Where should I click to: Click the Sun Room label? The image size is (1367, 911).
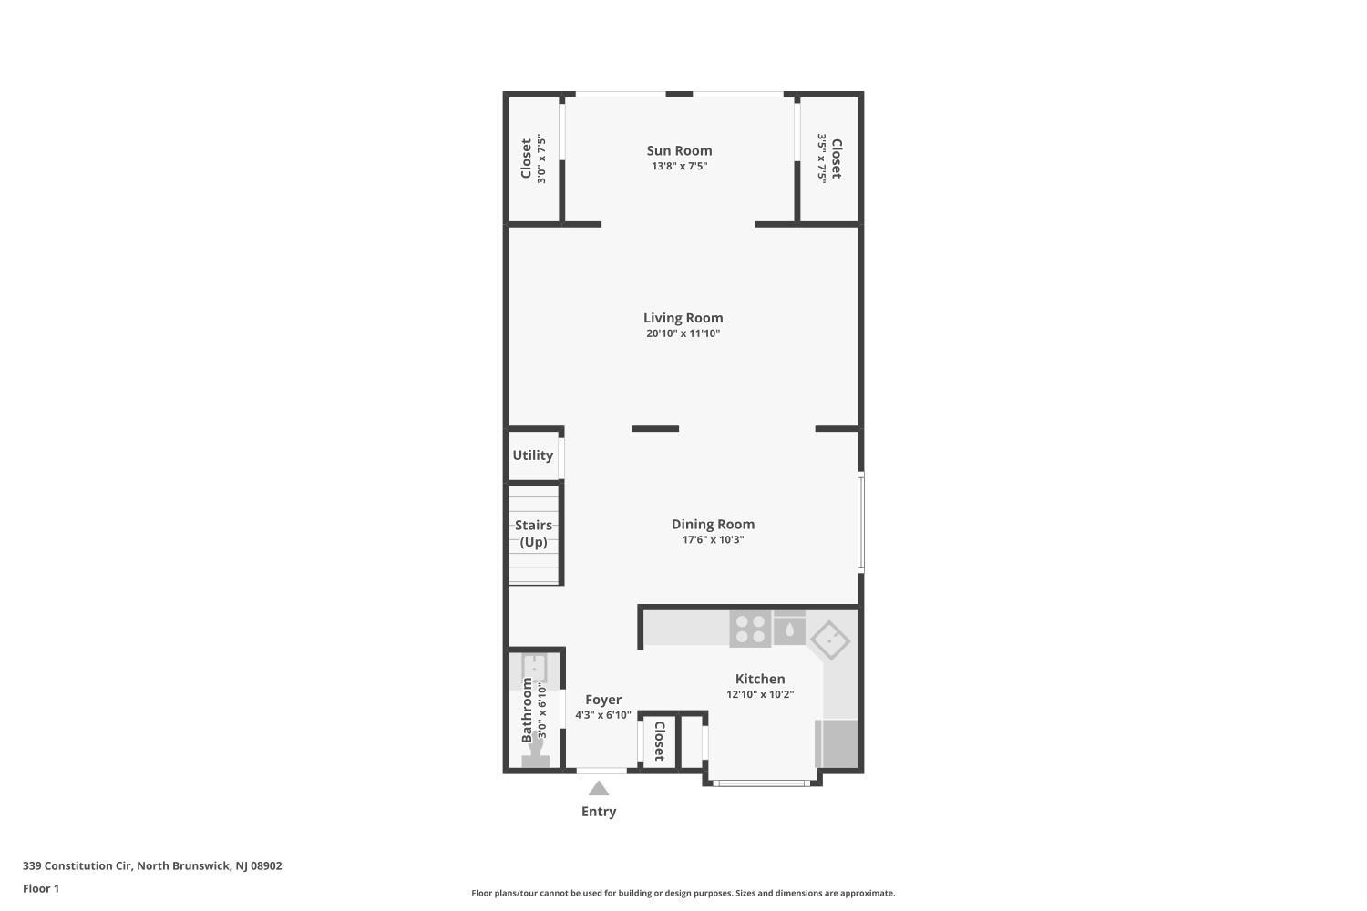[679, 150]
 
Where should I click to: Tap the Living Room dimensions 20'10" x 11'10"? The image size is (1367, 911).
[683, 333]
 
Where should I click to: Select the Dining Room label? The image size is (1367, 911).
[713, 524]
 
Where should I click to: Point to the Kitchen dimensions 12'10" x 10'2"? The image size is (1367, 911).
[760, 694]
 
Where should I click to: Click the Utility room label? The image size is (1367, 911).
[533, 455]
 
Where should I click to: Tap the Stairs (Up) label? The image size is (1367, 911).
[533, 533]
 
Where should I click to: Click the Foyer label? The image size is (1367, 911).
[603, 700]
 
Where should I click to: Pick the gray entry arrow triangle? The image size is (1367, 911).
[599, 788]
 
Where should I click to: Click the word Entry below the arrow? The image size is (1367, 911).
[599, 812]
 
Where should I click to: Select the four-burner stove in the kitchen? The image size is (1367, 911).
[751, 630]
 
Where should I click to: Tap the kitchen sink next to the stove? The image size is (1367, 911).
[789, 628]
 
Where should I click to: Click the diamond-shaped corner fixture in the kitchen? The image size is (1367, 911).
[830, 640]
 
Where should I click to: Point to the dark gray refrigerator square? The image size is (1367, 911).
[837, 743]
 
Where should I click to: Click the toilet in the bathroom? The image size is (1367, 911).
[536, 752]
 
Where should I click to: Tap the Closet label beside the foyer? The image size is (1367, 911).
[659, 741]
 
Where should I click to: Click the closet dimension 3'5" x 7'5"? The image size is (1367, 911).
[822, 159]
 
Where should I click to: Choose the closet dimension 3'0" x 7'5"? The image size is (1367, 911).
[541, 159]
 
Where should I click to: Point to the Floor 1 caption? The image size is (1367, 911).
[41, 888]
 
